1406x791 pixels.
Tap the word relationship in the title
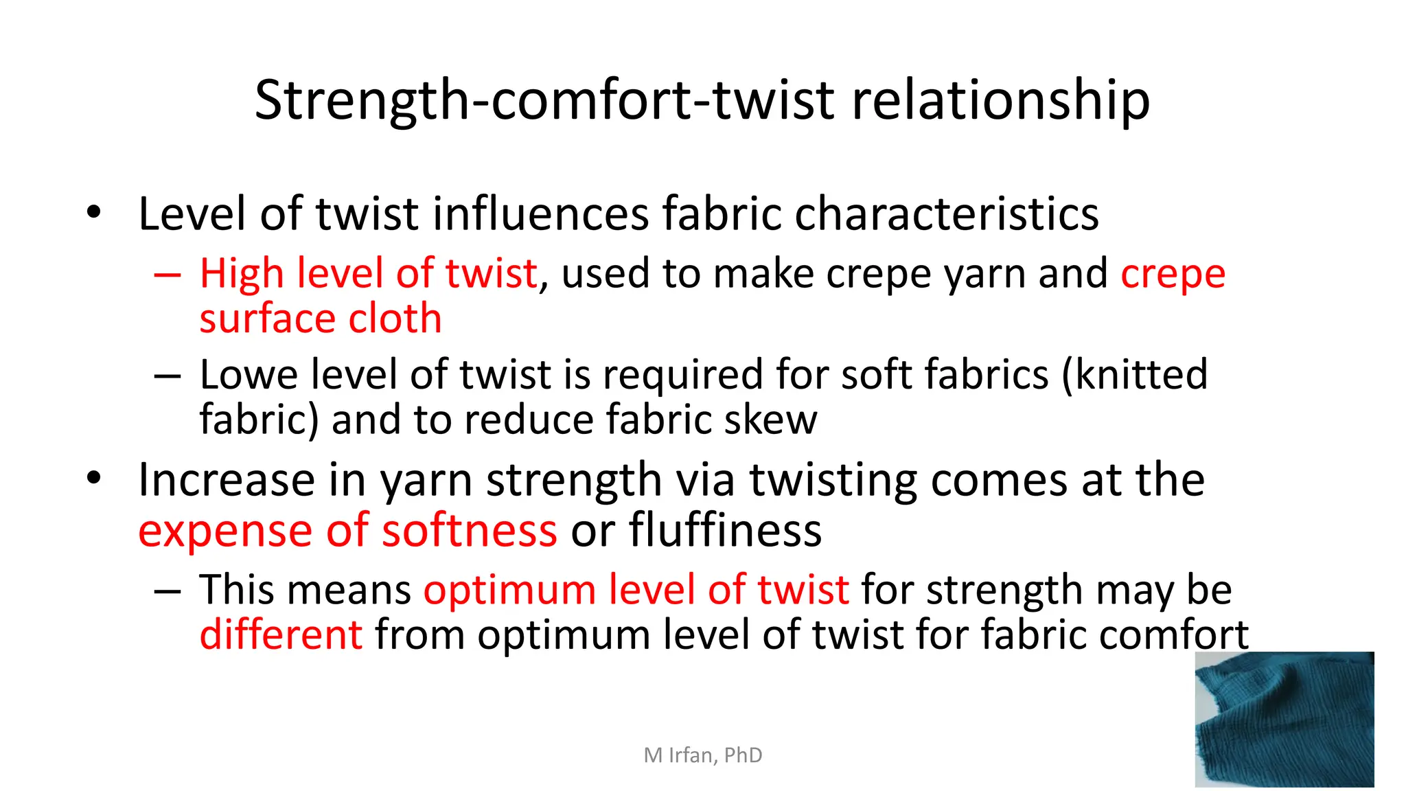[1000, 100]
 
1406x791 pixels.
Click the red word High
[242, 273]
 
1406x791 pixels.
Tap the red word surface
[268, 319]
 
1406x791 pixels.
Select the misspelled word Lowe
[249, 375]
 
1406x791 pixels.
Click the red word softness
[470, 531]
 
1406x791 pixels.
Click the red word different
[280, 634]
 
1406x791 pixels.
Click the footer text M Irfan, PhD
[703, 755]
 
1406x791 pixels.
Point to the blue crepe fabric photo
[1284, 719]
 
